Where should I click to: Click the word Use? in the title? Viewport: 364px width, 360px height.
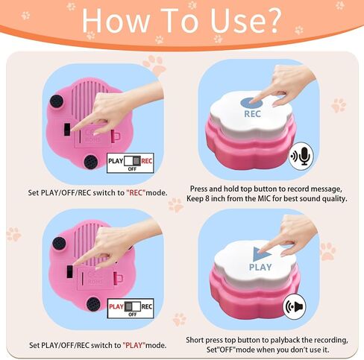[245, 20]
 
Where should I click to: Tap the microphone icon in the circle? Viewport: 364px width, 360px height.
[304, 156]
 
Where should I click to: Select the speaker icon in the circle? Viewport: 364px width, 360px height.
[298, 307]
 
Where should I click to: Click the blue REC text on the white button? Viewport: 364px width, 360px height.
[252, 114]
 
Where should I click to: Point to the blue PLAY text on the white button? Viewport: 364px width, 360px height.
[260, 267]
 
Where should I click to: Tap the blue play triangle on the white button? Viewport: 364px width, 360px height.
[260, 254]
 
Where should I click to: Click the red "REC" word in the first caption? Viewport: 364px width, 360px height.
[136, 193]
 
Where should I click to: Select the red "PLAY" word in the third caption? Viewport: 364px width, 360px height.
[134, 345]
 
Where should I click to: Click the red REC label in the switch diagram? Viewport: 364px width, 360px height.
[147, 161]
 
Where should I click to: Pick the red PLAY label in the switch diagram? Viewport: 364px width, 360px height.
[116, 306]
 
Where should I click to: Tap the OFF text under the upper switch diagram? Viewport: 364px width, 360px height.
[132, 169]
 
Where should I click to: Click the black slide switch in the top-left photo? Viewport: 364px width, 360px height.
[67, 130]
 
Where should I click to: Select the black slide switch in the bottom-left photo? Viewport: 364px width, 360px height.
[70, 271]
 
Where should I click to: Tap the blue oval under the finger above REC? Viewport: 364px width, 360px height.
[251, 103]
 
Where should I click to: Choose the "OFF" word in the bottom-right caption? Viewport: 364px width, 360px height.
[227, 350]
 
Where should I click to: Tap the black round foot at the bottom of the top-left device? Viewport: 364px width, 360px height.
[91, 162]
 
